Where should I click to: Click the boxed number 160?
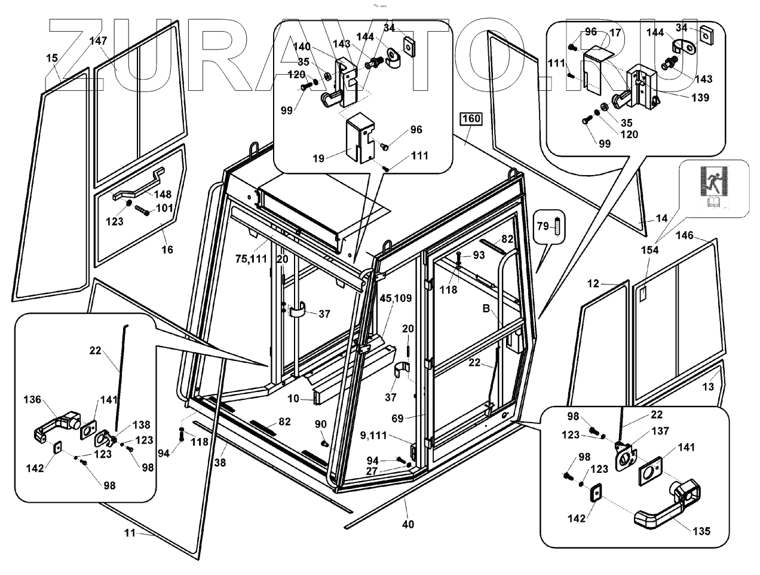pos(471,119)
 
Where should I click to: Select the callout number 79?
pos(543,226)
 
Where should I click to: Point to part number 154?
pos(649,250)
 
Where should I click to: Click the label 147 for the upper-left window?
pos(98,41)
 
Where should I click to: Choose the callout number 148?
pos(162,194)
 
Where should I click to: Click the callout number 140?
pos(302,47)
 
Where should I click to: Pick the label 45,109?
pos(392,298)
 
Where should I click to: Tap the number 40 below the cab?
pos(407,524)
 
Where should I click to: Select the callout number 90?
pos(321,424)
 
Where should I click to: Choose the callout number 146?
pos(684,236)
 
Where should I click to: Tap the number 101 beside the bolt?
pos(164,208)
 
